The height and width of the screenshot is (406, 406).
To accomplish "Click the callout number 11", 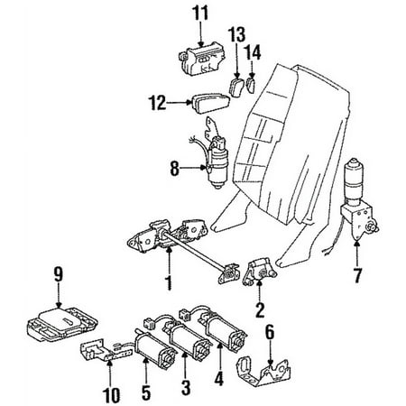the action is pos(200,14).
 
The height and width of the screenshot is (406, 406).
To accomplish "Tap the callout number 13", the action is pos(236,34).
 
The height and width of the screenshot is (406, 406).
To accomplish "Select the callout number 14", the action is pos(253,53).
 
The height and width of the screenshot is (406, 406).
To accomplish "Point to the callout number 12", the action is pos(157,103).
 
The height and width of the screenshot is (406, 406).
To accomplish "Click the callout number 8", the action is pos(175,169).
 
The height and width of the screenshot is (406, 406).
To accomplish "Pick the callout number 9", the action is pos(59,274).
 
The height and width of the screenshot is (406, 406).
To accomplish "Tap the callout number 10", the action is pos(111,395).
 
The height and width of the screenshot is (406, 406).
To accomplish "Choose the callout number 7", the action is pos(357,275).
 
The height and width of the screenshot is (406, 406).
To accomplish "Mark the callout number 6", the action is pos(270,332).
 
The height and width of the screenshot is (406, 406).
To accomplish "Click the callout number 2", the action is pos(260,310).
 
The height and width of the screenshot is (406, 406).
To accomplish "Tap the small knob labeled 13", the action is pos(236,87).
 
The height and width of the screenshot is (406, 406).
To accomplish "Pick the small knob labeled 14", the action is pos(251,85).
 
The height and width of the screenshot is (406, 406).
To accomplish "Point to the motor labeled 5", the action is pos(155,349).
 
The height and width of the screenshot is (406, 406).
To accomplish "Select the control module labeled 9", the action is pos(61,324).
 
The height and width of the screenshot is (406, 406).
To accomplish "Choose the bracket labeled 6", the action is pos(263,371).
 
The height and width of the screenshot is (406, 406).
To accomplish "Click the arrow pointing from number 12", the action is pos(180,103).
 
